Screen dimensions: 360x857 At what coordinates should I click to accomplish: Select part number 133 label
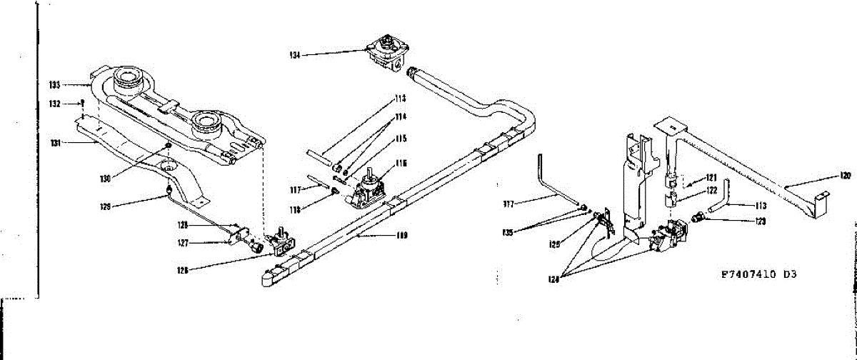point(54,85)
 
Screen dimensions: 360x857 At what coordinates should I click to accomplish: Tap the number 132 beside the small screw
point(54,104)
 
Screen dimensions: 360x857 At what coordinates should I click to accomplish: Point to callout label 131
point(54,142)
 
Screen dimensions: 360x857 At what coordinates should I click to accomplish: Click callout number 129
point(106,207)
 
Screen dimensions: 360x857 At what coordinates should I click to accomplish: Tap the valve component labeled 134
point(388,50)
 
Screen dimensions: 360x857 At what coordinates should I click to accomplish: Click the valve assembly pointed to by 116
point(368,188)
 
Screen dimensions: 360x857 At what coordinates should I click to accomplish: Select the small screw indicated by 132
point(84,102)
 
